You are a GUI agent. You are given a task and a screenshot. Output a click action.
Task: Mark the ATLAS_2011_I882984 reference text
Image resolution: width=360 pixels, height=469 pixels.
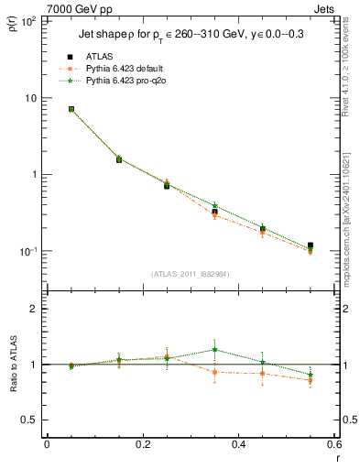pos(191,276)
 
